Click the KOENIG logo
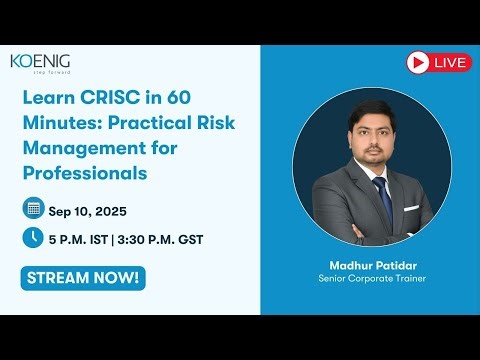tap(40, 62)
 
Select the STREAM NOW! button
tap(81, 277)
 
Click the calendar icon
tap(33, 208)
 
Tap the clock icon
tap(33, 237)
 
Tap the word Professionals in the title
tap(84, 173)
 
